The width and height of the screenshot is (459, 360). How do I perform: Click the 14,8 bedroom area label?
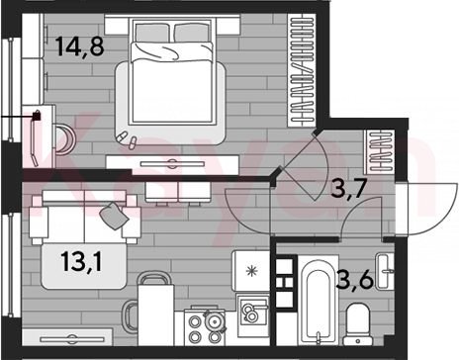(79, 46)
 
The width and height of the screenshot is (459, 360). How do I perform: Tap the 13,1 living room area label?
(81, 261)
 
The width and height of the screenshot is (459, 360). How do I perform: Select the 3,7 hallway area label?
(349, 189)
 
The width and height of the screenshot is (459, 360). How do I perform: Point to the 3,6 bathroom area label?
(355, 280)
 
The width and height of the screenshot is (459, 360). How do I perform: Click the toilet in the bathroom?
(357, 324)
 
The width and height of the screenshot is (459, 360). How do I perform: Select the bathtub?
(318, 300)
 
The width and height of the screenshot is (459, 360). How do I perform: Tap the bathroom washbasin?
(386, 272)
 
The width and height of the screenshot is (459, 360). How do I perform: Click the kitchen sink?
(253, 312)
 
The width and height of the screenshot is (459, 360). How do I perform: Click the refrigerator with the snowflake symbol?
(251, 271)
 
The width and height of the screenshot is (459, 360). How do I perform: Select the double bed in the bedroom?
(171, 71)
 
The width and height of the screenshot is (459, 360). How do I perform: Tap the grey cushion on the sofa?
(114, 216)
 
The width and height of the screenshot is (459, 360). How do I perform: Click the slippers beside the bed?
(127, 139)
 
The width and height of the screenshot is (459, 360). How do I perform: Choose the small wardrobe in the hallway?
(379, 151)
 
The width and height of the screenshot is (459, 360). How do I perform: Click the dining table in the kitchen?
(156, 315)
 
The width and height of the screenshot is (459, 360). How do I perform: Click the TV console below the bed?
(172, 164)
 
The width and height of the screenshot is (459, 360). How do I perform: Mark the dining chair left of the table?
(130, 316)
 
